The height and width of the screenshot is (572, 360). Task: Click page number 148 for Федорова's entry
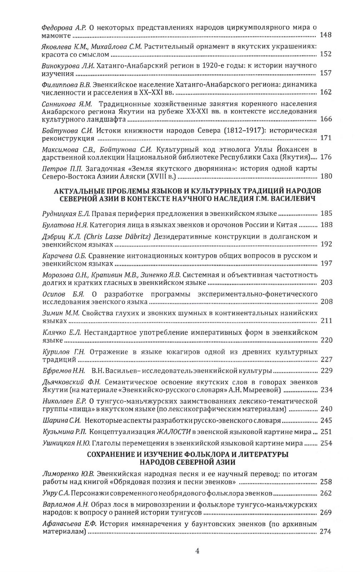(x=326, y=35)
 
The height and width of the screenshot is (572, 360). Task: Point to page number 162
(x=326, y=92)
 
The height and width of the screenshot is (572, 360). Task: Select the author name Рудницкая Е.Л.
(x=66, y=214)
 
